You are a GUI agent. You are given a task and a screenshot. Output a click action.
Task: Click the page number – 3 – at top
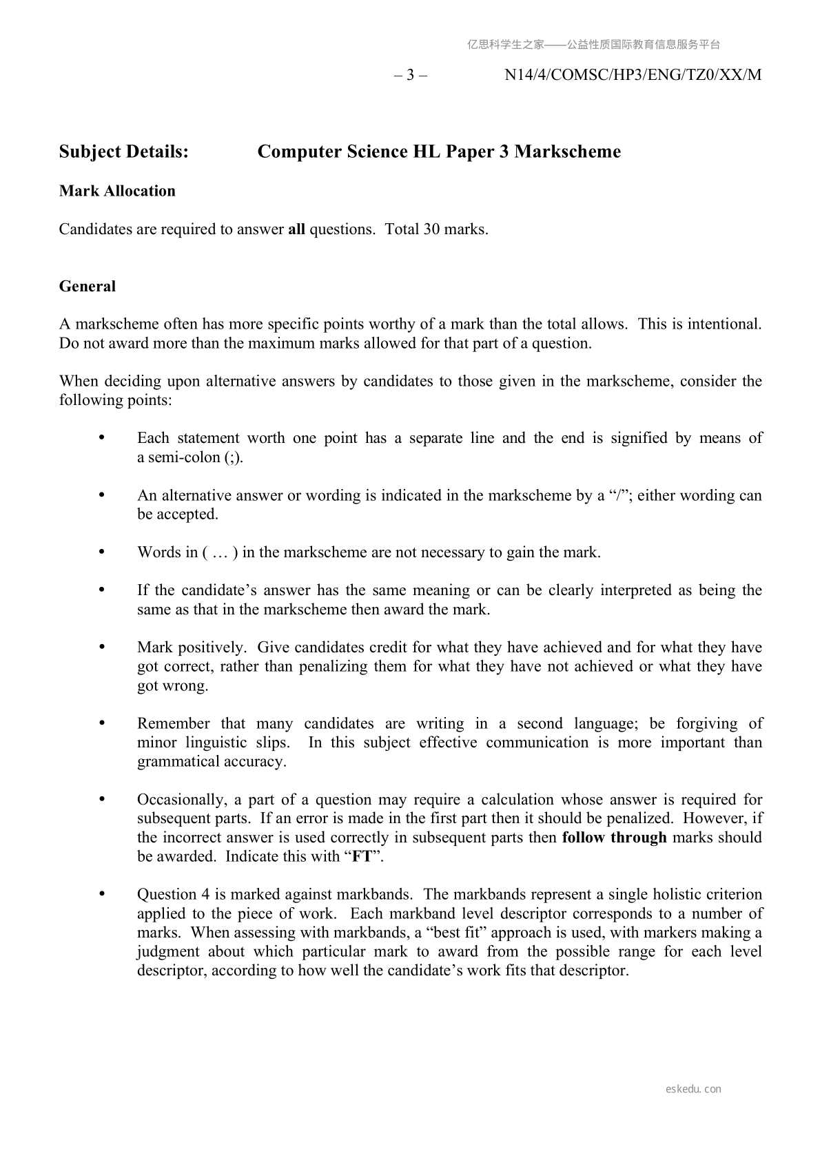point(410,75)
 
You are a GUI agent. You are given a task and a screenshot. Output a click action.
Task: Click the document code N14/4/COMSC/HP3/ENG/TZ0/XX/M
point(633,75)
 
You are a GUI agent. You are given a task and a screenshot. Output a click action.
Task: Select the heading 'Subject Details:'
point(123,152)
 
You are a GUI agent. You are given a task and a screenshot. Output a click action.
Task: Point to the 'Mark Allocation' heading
point(117,191)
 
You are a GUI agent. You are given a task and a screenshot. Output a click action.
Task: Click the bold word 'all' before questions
point(296,229)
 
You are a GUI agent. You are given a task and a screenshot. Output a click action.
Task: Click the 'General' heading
point(88,287)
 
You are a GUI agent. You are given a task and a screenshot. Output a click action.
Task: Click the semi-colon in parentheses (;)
point(234,457)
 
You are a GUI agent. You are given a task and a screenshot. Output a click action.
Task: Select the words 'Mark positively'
point(191,648)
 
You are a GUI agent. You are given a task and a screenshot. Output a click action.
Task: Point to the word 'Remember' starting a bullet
point(173,723)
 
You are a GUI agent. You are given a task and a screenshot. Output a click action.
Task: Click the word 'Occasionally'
point(181,800)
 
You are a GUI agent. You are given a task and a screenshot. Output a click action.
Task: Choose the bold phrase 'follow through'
point(615,838)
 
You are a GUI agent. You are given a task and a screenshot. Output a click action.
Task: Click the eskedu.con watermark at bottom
point(694,1089)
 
